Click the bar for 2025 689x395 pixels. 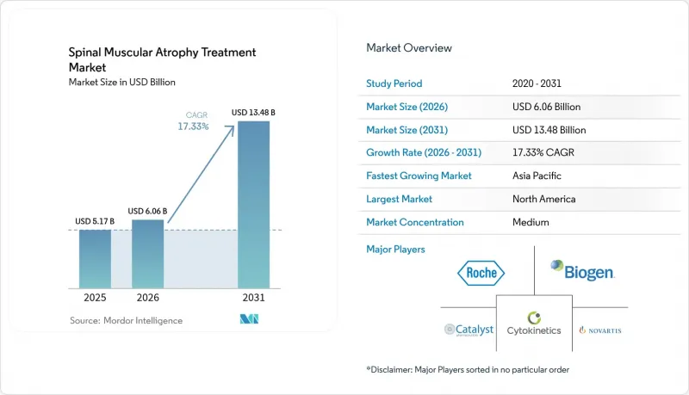tap(95, 259)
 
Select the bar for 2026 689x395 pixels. tap(147, 254)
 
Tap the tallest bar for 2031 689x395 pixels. tap(253, 205)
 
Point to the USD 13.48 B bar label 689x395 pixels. tap(253, 113)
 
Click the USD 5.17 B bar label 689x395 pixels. tap(95, 221)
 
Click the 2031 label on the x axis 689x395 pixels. tap(253, 298)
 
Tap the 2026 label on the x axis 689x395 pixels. tap(147, 298)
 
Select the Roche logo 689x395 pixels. tap(481, 273)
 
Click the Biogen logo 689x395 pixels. tap(583, 270)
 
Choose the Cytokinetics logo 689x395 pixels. tap(534, 324)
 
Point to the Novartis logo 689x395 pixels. tap(600, 330)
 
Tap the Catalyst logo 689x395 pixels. tap(469, 330)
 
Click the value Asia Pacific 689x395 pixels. tap(537, 176)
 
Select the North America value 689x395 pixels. tap(544, 199)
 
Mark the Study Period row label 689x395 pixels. tap(394, 83)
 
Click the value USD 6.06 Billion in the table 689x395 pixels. tap(546, 107)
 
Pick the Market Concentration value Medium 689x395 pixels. tap(531, 222)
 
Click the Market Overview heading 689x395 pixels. tap(409, 48)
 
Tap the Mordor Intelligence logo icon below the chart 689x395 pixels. tap(249, 319)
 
